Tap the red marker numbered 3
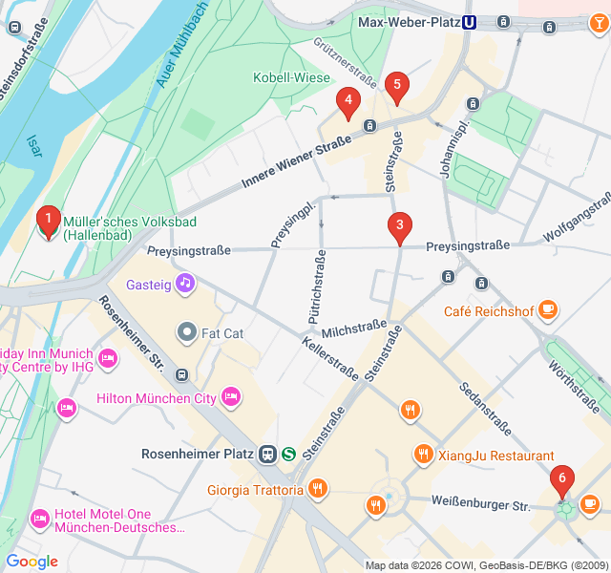400,226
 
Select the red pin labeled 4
348,99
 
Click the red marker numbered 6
562,478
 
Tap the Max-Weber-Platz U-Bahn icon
470,23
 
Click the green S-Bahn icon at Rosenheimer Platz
288,454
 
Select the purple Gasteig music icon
185,284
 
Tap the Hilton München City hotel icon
230,396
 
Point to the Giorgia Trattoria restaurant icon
318,490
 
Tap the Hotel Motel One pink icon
40,519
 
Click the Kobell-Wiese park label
285,77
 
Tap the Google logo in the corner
32,562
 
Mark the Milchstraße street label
354,329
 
